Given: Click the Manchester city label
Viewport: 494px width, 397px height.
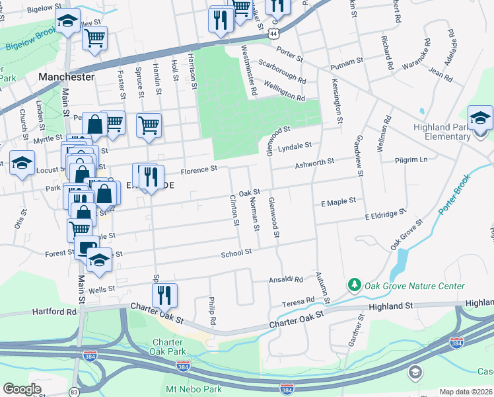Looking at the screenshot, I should (66, 77).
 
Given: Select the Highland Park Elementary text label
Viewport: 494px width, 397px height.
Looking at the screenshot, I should (451, 132).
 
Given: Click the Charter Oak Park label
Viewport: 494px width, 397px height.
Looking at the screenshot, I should (167, 347).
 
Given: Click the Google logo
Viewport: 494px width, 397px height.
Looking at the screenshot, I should (22, 388).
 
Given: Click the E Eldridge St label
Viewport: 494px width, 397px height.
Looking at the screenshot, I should (385, 214).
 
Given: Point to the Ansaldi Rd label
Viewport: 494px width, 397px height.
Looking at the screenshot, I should (285, 280).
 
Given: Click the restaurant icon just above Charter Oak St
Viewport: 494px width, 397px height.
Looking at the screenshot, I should (164, 295).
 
